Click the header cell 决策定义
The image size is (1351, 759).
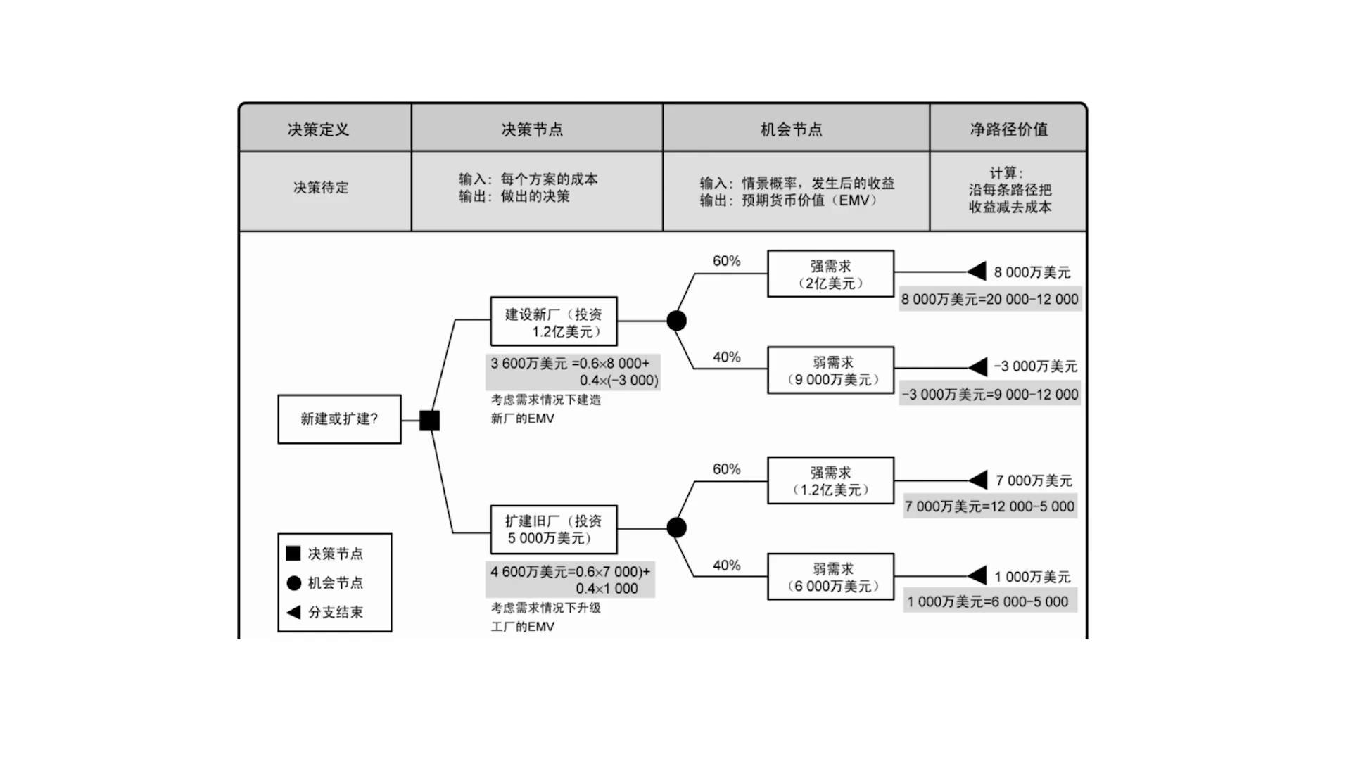pos(318,129)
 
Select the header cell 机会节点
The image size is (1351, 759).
pos(792,129)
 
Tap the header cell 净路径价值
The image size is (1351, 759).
pos(1009,129)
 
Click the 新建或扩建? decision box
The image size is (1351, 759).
pos(339,419)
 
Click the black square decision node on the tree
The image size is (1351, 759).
pos(429,421)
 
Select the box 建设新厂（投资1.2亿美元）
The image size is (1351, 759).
pos(553,322)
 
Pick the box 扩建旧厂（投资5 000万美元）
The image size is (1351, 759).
pos(553,530)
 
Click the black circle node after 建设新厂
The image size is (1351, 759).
pos(676,321)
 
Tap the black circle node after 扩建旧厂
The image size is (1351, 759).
pos(676,528)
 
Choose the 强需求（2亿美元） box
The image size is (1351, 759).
pos(830,274)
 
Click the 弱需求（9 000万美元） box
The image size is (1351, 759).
pos(830,371)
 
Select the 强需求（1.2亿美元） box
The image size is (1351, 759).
pos(830,481)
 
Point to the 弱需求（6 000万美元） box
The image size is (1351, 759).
pos(830,578)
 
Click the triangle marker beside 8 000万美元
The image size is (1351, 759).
pos(977,272)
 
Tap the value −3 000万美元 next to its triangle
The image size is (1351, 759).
pos(1035,366)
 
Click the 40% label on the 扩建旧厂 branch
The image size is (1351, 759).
pos(726,566)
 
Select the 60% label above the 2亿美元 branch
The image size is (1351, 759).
pos(726,261)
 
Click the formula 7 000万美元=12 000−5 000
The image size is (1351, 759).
pos(989,506)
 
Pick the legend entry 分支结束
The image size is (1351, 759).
pos(335,612)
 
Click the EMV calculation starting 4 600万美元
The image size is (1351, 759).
pos(570,580)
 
